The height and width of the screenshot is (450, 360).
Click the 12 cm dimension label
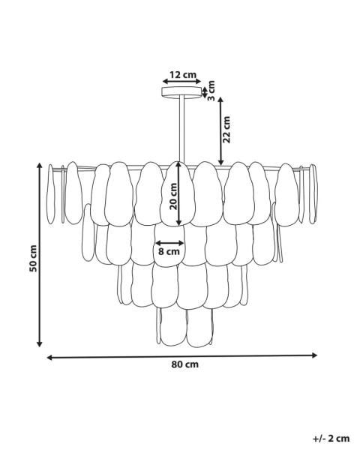[182, 75]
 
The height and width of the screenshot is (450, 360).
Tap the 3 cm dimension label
[211, 91]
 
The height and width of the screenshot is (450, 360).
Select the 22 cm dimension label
[226, 130]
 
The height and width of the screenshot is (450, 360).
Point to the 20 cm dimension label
[173, 196]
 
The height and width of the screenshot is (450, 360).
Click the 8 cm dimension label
[169, 252]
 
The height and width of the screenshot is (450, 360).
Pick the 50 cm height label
[33, 258]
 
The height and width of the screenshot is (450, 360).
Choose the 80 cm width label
[185, 364]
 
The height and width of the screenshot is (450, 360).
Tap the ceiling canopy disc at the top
[182, 92]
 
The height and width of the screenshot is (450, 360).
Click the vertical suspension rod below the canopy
[182, 130]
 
